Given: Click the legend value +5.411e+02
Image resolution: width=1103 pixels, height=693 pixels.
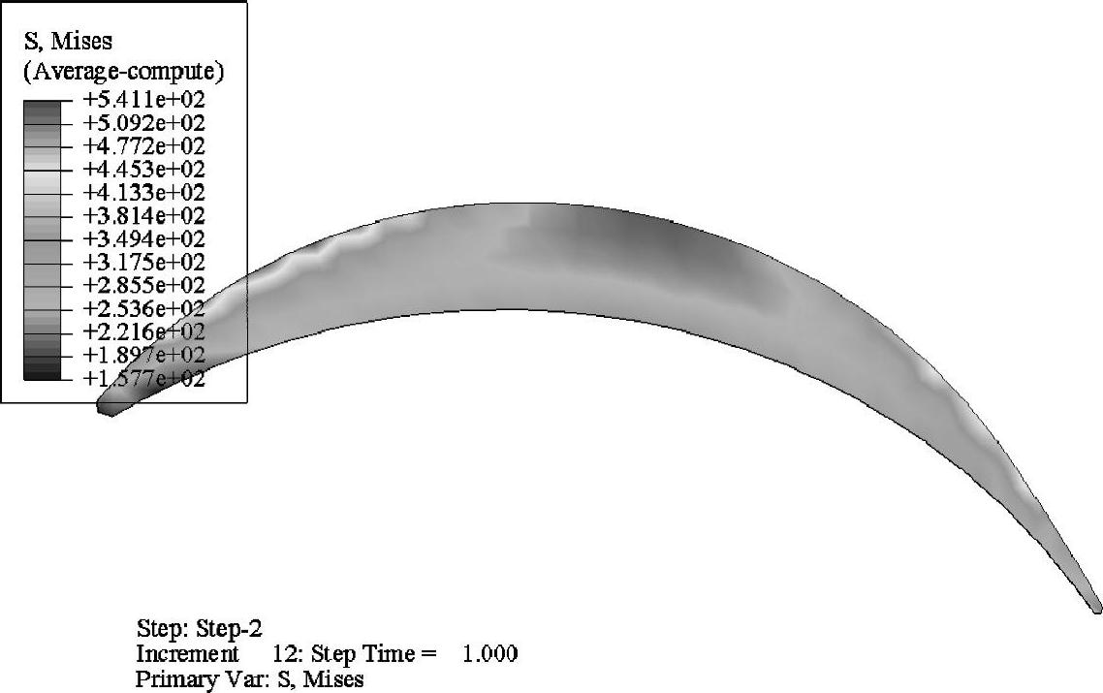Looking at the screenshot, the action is (144, 99).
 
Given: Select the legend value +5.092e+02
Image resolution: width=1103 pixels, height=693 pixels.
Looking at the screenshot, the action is (144, 123).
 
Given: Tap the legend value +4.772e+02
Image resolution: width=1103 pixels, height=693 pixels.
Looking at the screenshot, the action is (144, 146).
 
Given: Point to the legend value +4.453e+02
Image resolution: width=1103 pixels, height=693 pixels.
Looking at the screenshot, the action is (144, 170).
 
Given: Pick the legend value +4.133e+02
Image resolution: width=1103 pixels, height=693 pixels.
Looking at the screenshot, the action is (144, 193).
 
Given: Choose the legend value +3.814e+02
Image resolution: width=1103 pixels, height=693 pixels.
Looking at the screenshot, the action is (144, 216).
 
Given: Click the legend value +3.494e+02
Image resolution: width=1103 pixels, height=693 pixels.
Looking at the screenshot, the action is (144, 239).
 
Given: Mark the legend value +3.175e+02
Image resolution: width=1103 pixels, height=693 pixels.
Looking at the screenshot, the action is (144, 263).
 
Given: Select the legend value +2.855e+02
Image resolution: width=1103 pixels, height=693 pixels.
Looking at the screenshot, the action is (144, 286).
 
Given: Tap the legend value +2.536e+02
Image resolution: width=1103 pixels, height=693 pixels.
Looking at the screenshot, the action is (144, 309).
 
